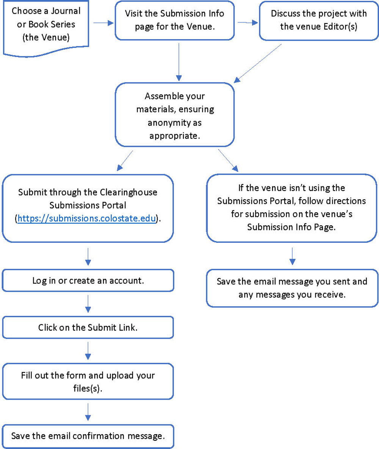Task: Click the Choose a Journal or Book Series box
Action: point(45,25)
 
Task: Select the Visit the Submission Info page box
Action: point(174,20)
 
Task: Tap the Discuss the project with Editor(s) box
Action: point(318,20)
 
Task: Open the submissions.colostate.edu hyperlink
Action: point(87,219)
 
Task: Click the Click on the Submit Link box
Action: point(88,327)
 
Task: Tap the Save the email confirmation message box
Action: point(88,435)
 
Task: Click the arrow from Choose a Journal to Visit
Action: point(103,23)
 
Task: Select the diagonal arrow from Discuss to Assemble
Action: point(258,63)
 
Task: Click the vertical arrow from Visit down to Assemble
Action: point(178,61)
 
